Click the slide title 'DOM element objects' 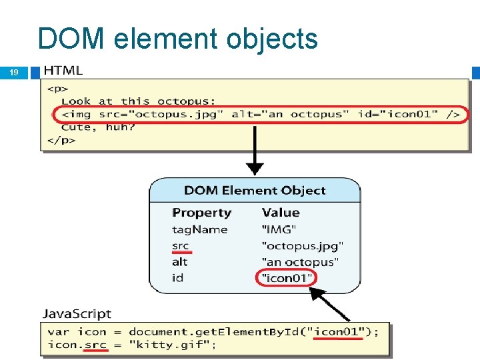(177, 39)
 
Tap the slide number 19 (14, 73)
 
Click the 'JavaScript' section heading (77, 313)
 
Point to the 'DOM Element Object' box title (255, 191)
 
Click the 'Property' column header (201, 213)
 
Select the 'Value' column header (281, 213)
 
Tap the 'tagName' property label (199, 229)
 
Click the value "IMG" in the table (279, 229)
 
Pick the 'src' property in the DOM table (180, 246)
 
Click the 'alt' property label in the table (179, 262)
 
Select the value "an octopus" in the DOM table (300, 262)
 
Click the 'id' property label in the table (177, 277)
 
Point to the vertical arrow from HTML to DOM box (255, 150)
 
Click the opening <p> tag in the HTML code (56, 88)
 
